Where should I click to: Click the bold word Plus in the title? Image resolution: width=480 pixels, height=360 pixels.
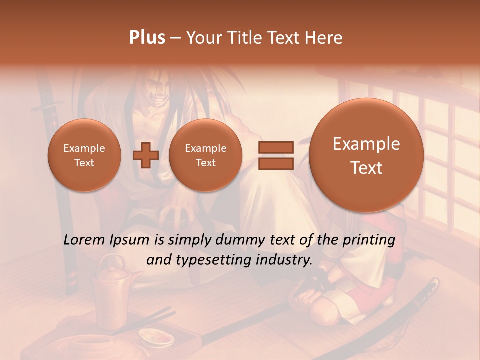pyautogui.click(x=147, y=38)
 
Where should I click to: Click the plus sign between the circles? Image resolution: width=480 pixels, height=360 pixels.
pyautogui.click(x=146, y=155)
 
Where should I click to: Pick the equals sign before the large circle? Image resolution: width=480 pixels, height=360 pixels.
pyautogui.click(x=276, y=155)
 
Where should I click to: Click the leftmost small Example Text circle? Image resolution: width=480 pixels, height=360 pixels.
pyautogui.click(x=84, y=155)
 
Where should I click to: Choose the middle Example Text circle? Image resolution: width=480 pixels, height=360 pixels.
pyautogui.click(x=205, y=155)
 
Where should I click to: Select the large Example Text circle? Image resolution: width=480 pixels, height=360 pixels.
pyautogui.click(x=366, y=155)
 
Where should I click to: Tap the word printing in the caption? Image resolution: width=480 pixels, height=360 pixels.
pyautogui.click(x=369, y=240)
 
